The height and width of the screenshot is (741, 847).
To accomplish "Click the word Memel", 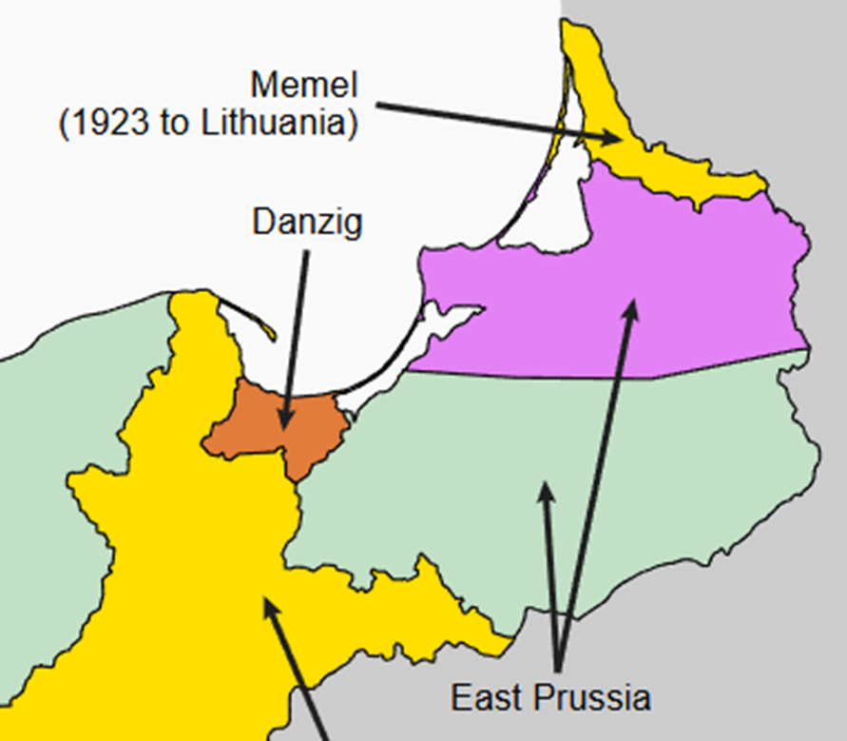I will click(x=303, y=86).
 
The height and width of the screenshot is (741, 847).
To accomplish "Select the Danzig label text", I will click(x=307, y=223).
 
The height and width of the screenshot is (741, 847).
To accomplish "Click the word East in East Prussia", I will click(x=486, y=697).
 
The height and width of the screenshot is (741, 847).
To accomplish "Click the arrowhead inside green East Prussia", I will click(x=546, y=491).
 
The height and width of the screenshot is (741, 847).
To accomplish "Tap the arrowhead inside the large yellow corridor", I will click(x=271, y=605).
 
